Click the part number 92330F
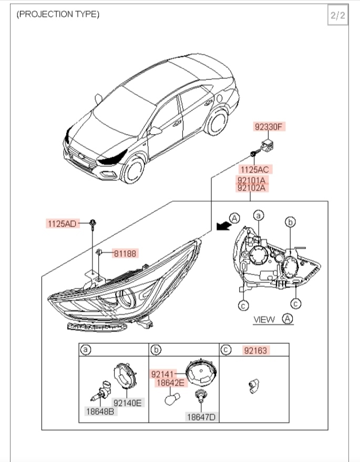click(x=269, y=127)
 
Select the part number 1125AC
click(x=255, y=170)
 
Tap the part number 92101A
click(x=252, y=179)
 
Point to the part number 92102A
click(x=252, y=187)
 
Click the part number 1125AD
click(x=62, y=224)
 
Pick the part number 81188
click(x=124, y=253)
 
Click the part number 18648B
click(x=100, y=411)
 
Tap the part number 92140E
click(x=128, y=403)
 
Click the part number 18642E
click(x=170, y=383)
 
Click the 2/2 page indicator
click(x=337, y=15)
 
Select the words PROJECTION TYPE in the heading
click(x=58, y=14)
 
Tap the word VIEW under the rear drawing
click(x=264, y=319)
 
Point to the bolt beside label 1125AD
click(x=92, y=224)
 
